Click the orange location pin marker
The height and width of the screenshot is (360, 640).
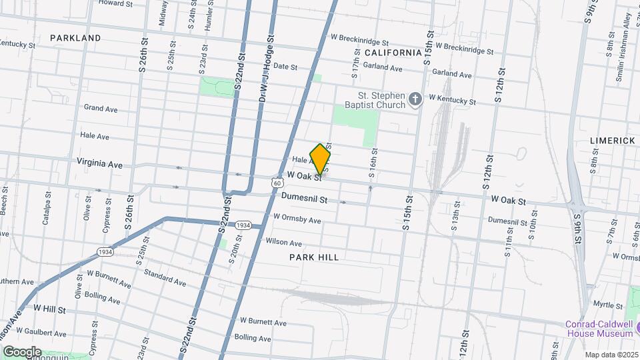[321, 159]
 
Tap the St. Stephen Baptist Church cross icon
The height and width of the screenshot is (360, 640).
[415, 100]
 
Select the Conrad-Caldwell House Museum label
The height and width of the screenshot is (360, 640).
[599, 329]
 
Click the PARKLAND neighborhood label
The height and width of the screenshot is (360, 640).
[75, 38]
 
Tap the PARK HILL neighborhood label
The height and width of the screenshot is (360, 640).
[314, 257]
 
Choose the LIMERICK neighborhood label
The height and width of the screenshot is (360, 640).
[612, 141]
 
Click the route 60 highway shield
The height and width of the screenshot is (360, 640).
[275, 182]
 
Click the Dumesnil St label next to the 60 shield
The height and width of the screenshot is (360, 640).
[305, 199]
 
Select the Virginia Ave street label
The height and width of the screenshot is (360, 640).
[99, 163]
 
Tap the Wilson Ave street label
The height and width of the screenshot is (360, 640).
[283, 242]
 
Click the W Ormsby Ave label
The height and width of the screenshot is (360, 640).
[297, 219]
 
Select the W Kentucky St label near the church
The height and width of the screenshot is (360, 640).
[452, 100]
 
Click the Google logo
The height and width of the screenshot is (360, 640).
[22, 351]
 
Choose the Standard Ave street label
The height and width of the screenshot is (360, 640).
[164, 274]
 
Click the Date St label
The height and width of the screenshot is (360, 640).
[285, 67]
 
